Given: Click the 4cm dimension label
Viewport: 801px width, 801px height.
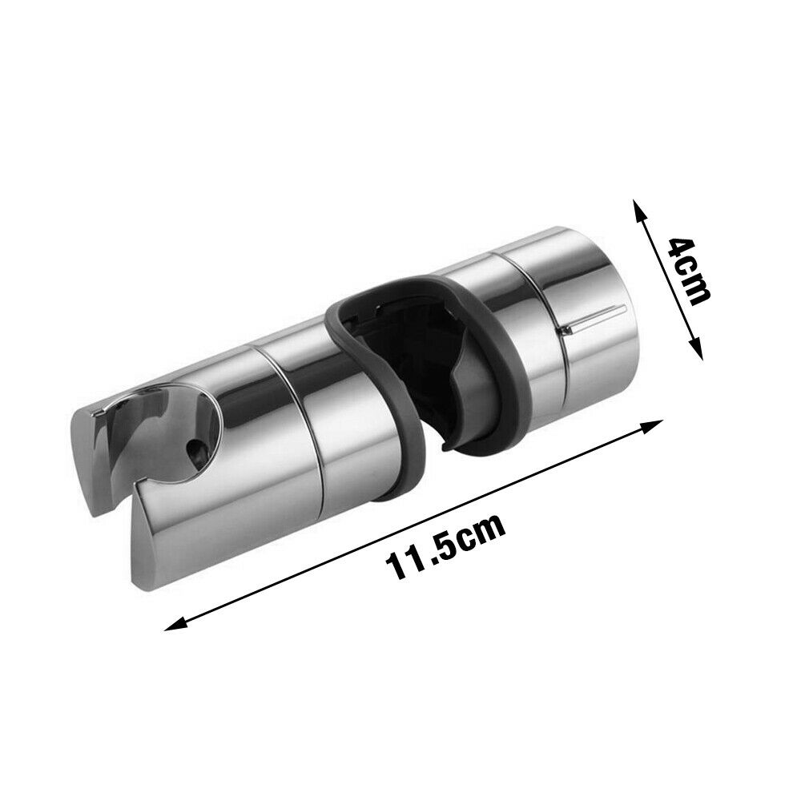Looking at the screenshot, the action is pos(690,271).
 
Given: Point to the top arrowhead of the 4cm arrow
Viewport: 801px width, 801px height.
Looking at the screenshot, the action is pos(638,208).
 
